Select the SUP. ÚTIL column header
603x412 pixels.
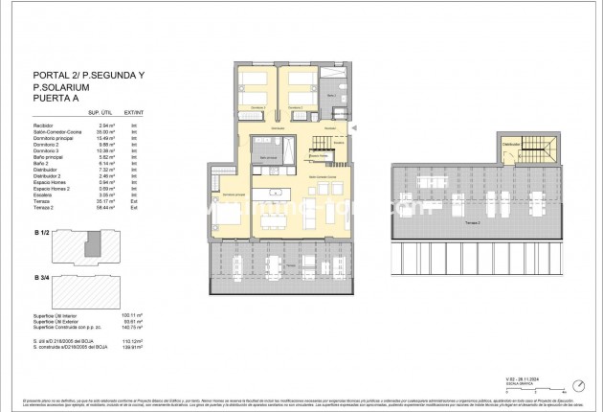[101, 112]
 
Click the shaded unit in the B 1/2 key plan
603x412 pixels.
[92, 248]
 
